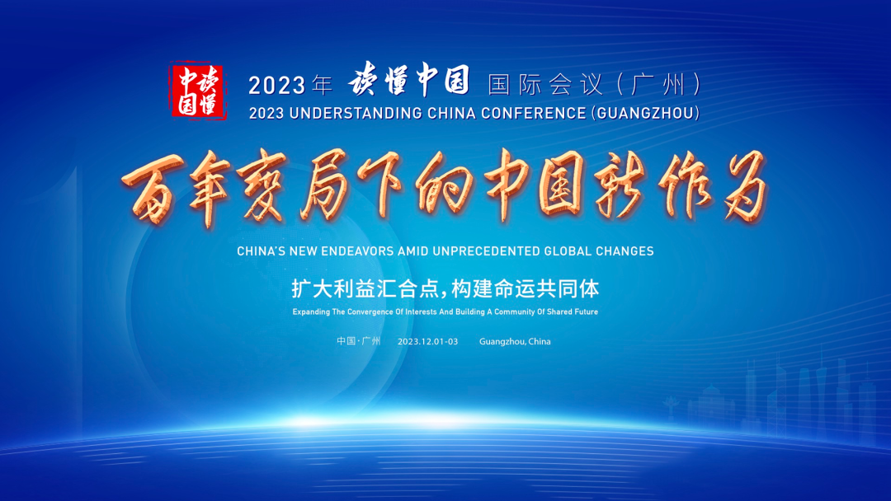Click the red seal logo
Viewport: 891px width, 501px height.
199,91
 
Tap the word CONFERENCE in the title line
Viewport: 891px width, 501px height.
533,114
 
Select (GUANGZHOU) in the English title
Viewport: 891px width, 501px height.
645,114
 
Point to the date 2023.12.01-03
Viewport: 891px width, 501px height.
428,342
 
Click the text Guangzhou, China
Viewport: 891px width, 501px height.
515,342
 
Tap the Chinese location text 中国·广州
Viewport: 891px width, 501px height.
359,341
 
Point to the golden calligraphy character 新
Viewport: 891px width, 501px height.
620,185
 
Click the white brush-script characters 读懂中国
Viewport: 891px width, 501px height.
409,80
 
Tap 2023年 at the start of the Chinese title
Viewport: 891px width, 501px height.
290,86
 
